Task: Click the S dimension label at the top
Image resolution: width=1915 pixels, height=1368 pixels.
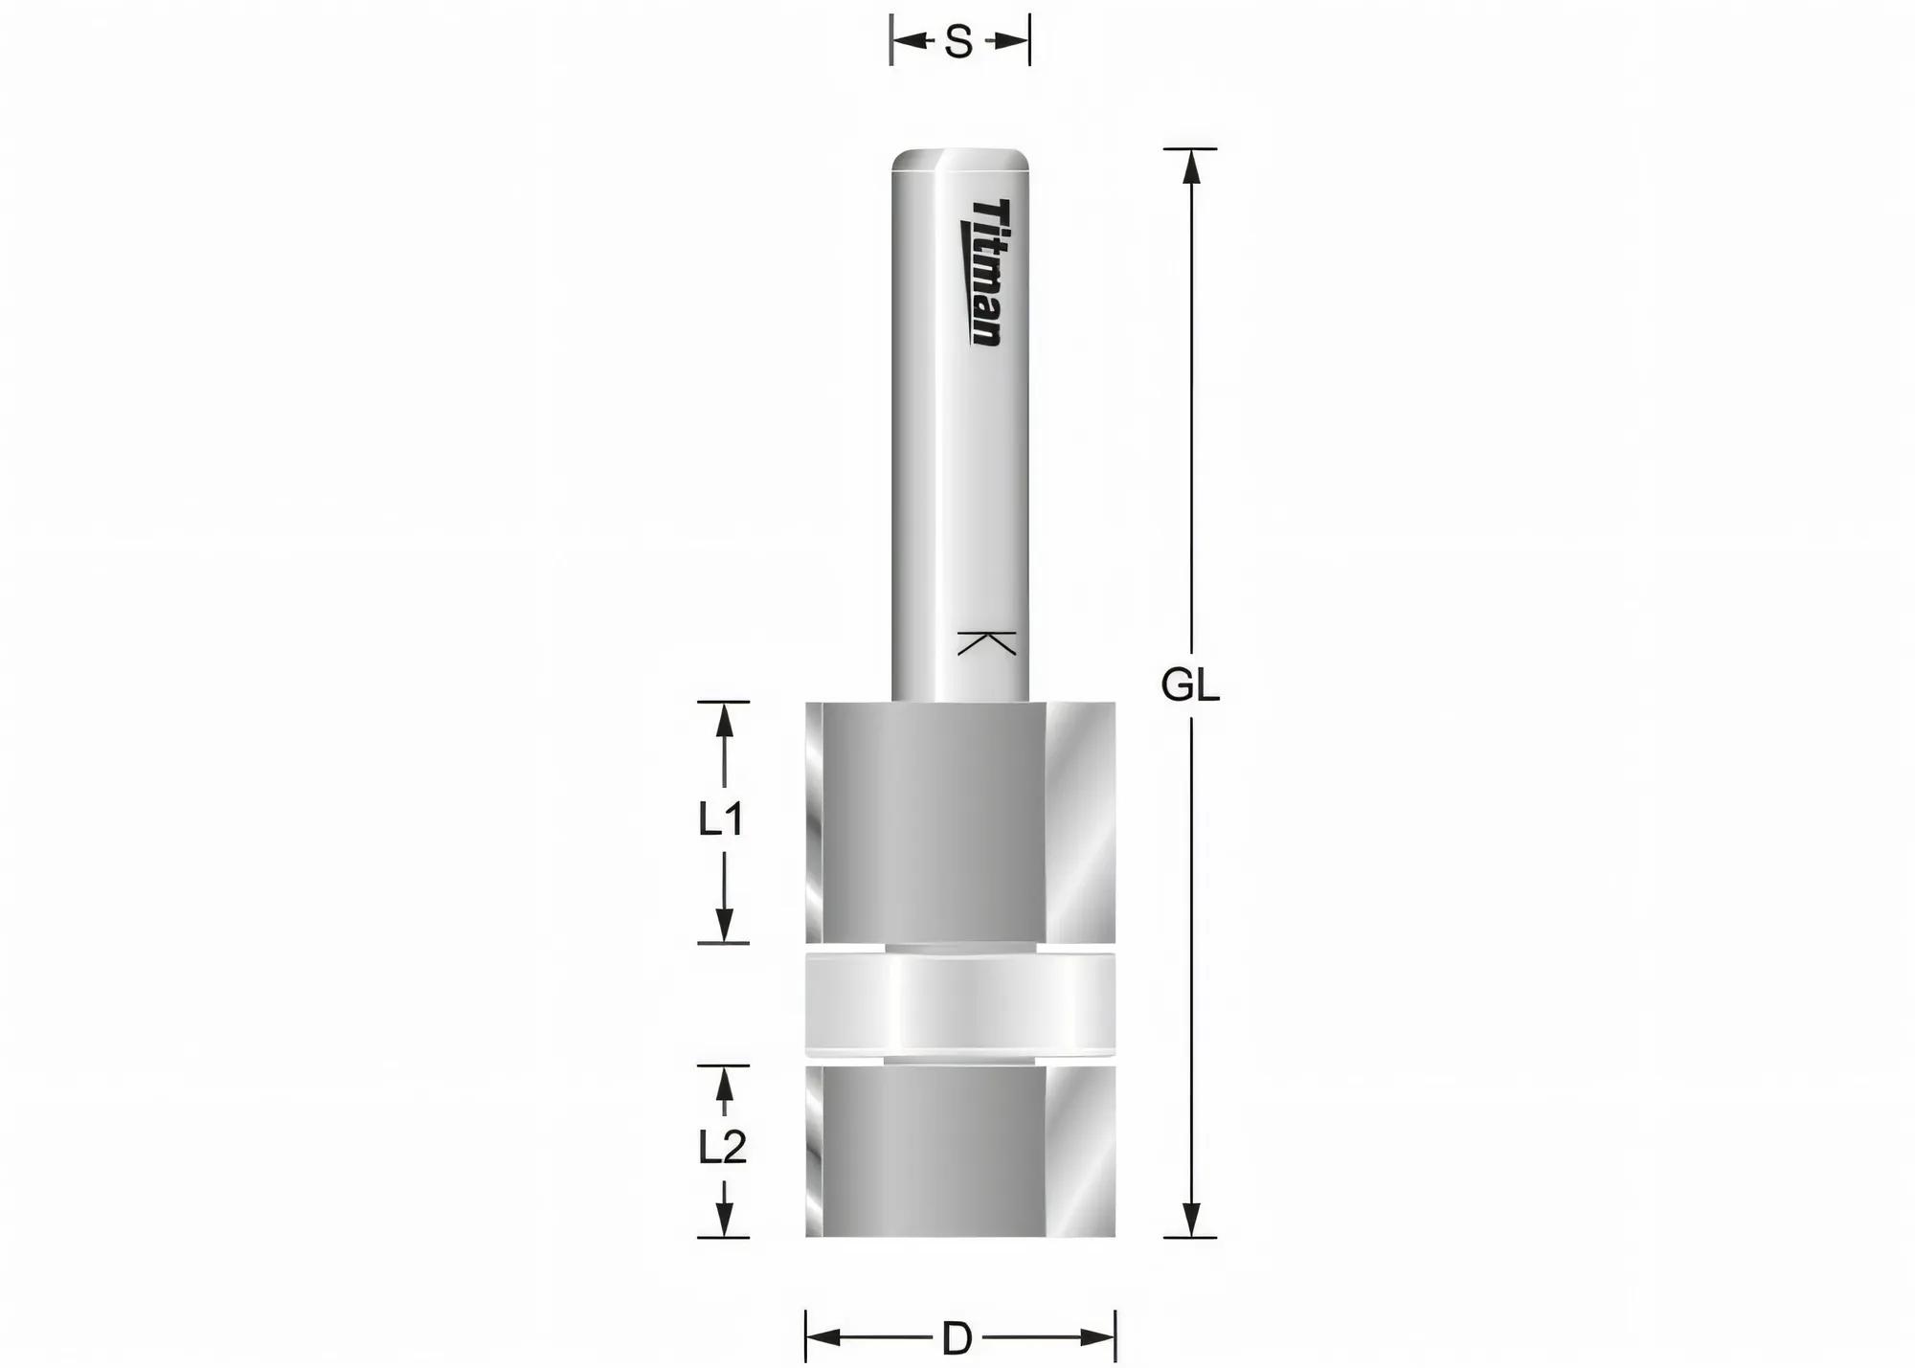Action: (x=958, y=42)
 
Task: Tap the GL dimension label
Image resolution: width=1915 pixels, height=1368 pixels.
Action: (x=1190, y=685)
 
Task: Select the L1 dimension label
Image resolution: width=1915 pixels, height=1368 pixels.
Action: (x=722, y=819)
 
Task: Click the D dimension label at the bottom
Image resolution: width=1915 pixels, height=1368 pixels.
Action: (x=957, y=1338)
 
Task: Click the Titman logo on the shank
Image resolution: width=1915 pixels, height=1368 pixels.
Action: (x=982, y=273)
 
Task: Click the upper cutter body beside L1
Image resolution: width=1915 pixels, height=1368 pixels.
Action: (x=960, y=822)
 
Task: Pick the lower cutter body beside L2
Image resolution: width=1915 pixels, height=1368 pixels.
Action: (x=960, y=1152)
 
